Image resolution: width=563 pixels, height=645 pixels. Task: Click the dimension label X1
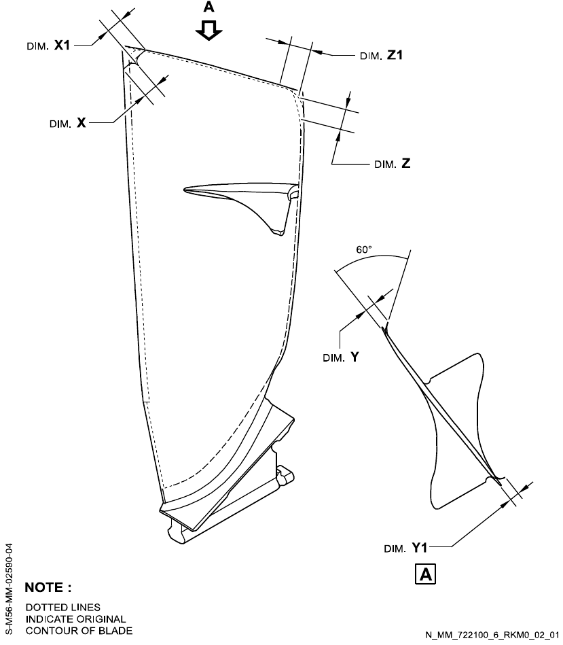62,44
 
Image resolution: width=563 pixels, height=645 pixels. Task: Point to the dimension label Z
406,164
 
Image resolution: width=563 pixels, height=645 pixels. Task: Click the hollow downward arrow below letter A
209,29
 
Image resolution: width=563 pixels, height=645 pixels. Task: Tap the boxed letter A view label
426,574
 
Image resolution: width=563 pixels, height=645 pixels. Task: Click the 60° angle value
364,249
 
